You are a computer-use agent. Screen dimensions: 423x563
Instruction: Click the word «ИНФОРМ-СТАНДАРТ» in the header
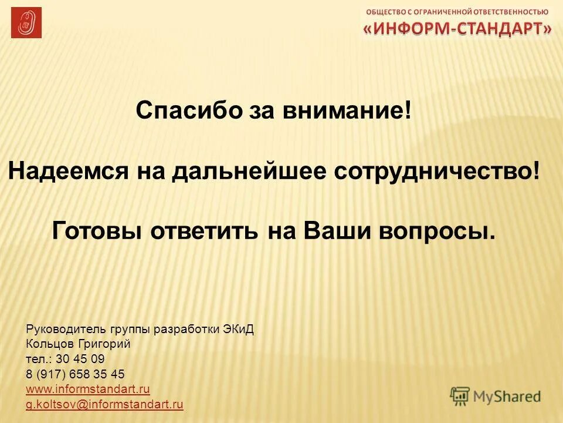[x=457, y=29]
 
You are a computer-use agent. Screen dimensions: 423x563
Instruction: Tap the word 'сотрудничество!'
[x=436, y=171]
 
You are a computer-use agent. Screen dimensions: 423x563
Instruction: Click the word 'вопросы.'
[x=440, y=230]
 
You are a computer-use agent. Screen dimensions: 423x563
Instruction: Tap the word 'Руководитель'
[x=61, y=329]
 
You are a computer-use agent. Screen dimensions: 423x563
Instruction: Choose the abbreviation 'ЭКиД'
[x=238, y=329]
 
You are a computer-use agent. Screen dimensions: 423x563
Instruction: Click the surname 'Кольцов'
[x=49, y=344]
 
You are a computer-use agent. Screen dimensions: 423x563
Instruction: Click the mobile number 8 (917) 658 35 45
[x=75, y=374]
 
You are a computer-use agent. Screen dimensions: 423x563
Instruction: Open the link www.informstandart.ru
[x=88, y=390]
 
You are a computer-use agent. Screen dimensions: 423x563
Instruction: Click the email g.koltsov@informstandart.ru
[x=104, y=404]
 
